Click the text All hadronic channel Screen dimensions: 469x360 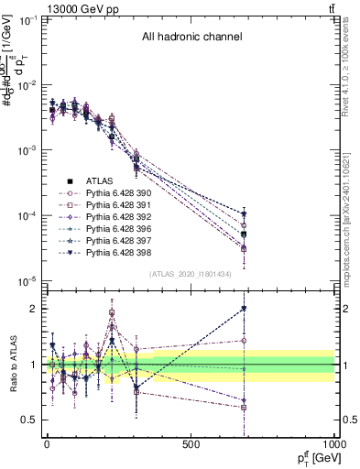pos(191,38)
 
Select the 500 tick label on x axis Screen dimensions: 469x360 pos(191,443)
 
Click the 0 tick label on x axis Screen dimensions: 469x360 pos(47,443)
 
